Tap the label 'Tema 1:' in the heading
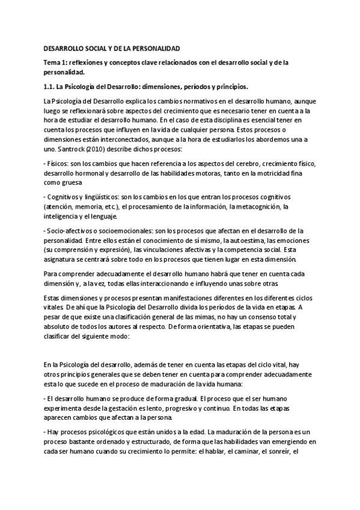(x=56, y=61)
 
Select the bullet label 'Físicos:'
(x=58, y=164)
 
